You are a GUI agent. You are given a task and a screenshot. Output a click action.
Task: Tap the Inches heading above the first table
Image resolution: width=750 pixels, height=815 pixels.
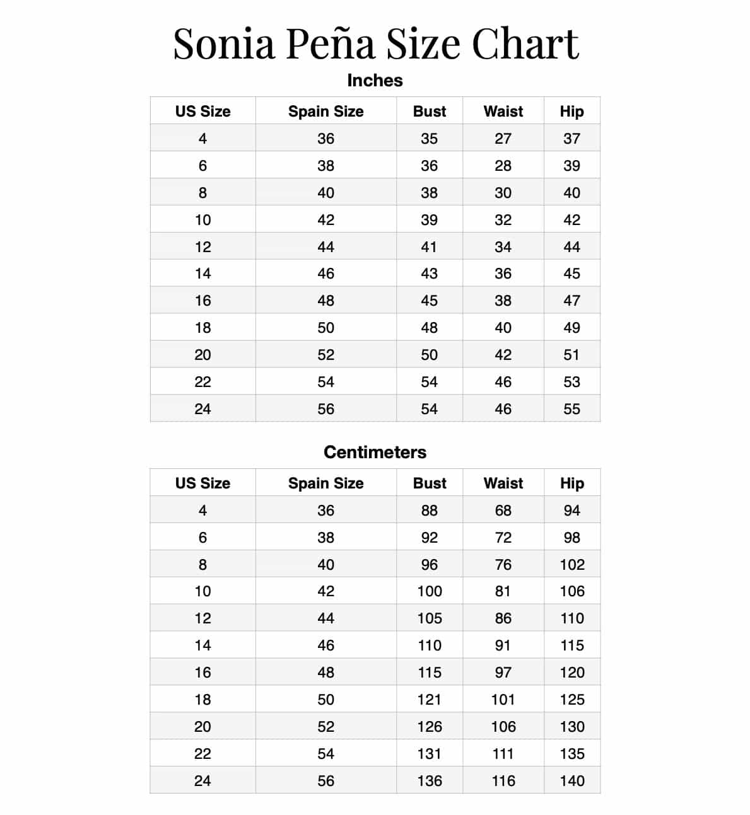pos(375,81)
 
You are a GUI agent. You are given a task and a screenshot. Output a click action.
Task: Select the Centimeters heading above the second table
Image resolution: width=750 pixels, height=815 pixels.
pos(375,452)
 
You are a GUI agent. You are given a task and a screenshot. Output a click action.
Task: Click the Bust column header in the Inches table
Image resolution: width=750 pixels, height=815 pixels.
pos(430,112)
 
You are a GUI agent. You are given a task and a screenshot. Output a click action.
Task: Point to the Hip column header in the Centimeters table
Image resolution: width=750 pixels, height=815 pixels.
pos(571,483)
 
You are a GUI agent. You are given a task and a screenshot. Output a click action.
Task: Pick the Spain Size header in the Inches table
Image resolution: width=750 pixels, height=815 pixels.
pos(325,112)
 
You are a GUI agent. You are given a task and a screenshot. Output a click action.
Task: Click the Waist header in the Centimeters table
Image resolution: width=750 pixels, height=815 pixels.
pos(503,483)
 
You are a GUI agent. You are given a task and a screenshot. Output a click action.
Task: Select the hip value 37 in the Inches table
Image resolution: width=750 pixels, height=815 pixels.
pos(571,139)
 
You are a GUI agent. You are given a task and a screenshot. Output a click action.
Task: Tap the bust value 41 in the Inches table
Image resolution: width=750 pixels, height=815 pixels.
pos(429,247)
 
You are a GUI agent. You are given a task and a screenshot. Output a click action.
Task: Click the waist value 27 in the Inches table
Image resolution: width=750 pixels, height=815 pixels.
pos(503,139)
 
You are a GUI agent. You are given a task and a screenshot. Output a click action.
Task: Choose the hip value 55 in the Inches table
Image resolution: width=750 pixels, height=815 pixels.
pos(571,409)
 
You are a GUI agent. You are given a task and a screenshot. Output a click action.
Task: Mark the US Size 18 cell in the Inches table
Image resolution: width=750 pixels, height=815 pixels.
pos(202,328)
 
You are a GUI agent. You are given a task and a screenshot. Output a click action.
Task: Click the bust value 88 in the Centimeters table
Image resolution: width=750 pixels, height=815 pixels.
pos(429,511)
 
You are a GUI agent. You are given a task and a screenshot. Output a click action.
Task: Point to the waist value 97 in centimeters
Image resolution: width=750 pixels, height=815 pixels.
pos(503,673)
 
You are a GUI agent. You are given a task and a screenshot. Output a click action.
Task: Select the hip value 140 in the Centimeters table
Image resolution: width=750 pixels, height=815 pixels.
pos(572,781)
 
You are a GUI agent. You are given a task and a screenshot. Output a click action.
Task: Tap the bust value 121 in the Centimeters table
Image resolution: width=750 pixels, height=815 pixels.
pos(429,700)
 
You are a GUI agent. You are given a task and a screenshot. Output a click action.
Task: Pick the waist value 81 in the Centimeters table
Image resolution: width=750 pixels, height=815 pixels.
pos(503,591)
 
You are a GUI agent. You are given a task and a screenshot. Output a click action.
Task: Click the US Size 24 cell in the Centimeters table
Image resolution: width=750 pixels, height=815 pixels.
pos(202,781)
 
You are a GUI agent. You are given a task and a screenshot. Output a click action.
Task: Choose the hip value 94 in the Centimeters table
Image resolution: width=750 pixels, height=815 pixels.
pos(571,511)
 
